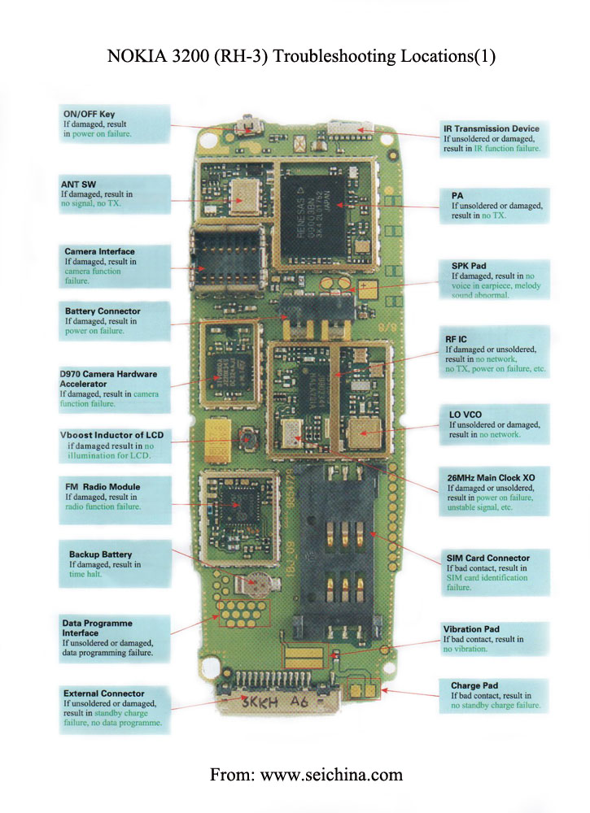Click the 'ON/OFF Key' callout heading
click(x=90, y=115)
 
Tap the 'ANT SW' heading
click(x=78, y=185)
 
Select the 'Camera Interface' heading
click(x=99, y=251)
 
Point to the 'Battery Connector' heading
click(x=103, y=311)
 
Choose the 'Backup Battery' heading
click(x=100, y=554)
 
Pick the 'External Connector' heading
click(x=103, y=693)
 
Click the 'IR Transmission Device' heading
click(x=491, y=128)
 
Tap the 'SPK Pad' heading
click(x=468, y=265)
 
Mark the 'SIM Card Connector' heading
click(x=487, y=558)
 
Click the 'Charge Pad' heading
click(x=474, y=685)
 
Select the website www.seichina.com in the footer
click(x=331, y=775)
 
